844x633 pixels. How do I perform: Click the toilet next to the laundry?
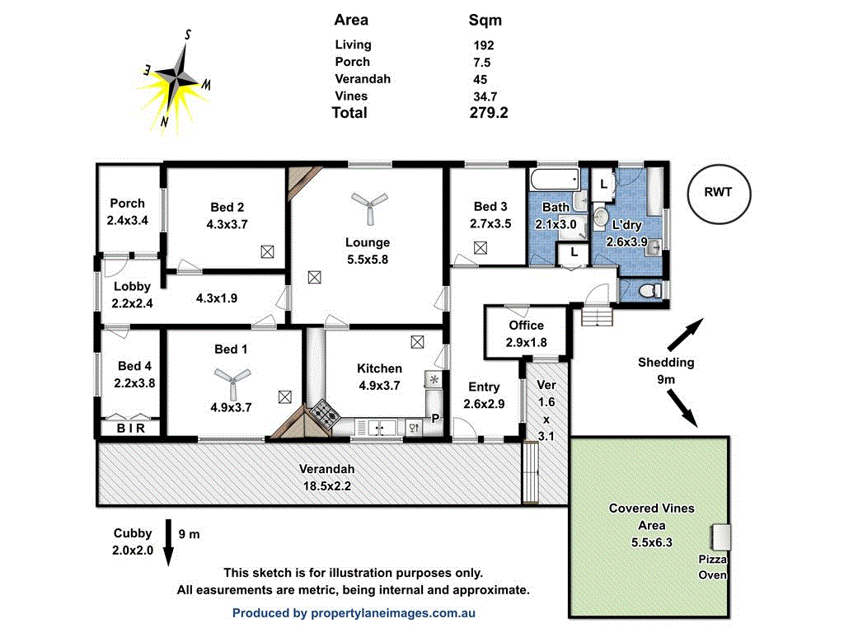650,290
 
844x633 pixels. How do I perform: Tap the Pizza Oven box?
721,537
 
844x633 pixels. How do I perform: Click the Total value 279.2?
488,113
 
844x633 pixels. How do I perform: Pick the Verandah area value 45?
480,80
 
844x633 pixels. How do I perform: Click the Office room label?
526,326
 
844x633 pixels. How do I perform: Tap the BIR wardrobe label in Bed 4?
130,429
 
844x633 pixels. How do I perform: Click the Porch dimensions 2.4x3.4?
127,220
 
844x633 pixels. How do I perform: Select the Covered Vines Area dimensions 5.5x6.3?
651,542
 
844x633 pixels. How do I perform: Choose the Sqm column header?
485,21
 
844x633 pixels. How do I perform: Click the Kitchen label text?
379,368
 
